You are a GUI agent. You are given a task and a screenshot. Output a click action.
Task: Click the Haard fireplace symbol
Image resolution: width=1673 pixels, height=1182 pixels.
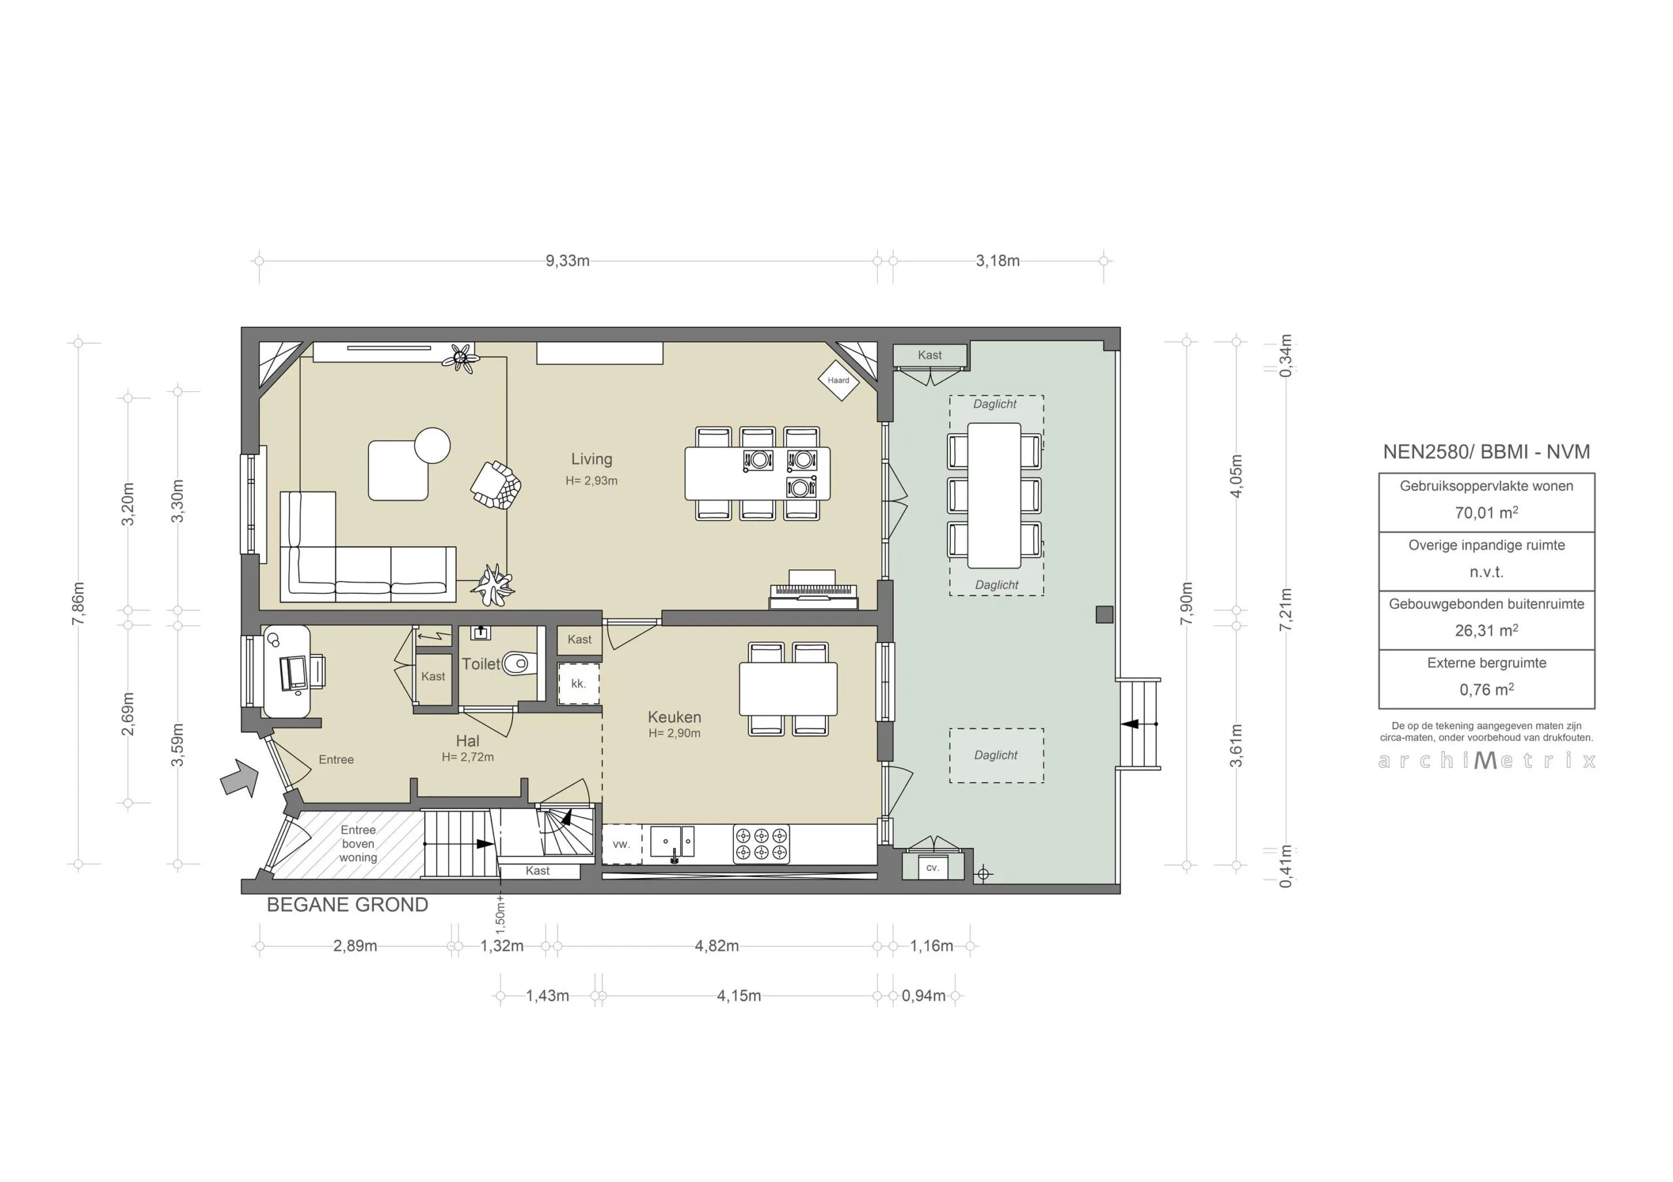pos(838,380)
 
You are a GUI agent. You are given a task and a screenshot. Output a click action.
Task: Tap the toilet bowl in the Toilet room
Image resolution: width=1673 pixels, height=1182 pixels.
pos(517,663)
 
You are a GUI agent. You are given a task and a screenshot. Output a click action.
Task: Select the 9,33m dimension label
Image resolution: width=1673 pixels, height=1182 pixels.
pos(568,261)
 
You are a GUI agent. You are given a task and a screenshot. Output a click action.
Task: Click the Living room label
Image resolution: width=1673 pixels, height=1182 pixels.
pos(591,459)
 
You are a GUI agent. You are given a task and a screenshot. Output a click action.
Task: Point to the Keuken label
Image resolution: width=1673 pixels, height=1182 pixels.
pos(674,717)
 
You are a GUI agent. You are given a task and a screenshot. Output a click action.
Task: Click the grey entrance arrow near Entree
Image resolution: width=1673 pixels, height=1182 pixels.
pos(240,778)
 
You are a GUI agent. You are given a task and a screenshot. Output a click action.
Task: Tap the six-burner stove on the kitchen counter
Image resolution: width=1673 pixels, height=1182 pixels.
pos(761,844)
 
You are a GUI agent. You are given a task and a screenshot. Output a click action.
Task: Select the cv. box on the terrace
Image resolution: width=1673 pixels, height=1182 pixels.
pos(932,868)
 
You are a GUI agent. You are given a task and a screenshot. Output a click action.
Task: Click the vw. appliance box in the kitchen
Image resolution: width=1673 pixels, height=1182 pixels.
pos(621,845)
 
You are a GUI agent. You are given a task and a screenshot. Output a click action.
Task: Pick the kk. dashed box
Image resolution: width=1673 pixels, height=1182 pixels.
pos(578,683)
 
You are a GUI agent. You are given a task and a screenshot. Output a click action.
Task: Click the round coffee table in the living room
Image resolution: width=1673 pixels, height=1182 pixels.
pos(433,445)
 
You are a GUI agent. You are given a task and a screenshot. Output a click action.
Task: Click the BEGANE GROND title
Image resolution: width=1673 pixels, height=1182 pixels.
pos(348,905)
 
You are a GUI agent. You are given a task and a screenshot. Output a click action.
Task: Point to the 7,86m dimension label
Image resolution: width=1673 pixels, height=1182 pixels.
pos(78,603)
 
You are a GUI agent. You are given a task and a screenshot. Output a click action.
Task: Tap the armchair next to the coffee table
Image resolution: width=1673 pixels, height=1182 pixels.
pos(496,485)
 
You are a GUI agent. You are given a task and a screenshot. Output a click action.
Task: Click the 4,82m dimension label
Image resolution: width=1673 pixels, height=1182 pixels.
pos(716,946)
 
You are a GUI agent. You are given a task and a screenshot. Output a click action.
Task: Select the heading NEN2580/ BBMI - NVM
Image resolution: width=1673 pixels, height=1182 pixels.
pos(1487,451)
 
